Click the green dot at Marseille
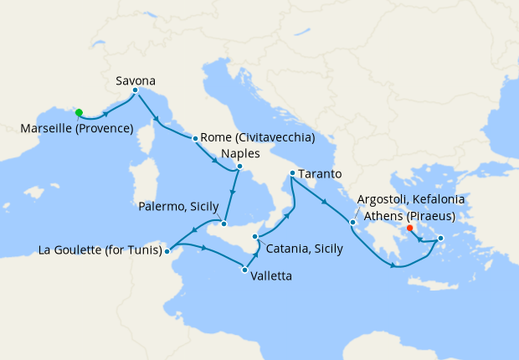click(x=79, y=112)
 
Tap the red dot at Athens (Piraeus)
click(x=409, y=228)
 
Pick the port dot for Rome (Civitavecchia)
click(x=195, y=138)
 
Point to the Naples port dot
click(x=239, y=167)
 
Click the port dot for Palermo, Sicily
click(x=224, y=224)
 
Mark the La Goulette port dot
click(x=167, y=249)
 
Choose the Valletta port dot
click(x=244, y=269)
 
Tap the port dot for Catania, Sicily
click(x=254, y=237)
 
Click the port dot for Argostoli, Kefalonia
click(x=353, y=222)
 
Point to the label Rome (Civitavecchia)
click(x=257, y=137)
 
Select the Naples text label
click(x=241, y=154)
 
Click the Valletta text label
click(x=270, y=274)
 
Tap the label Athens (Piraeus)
click(x=405, y=216)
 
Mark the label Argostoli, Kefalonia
click(x=410, y=200)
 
